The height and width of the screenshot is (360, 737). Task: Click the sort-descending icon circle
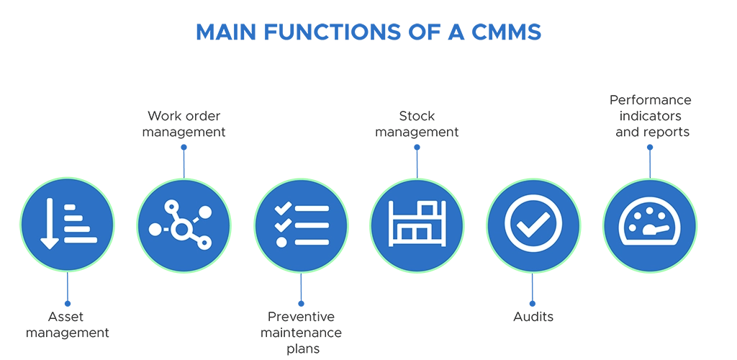[66, 225]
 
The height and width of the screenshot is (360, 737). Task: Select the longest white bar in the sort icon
[80, 240]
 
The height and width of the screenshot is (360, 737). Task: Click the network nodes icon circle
[183, 225]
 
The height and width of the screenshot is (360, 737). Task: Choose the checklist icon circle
[300, 225]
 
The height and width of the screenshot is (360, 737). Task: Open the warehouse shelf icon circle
[417, 225]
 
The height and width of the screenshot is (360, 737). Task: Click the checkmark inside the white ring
[533, 225]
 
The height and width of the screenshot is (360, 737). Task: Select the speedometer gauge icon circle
[649, 225]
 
